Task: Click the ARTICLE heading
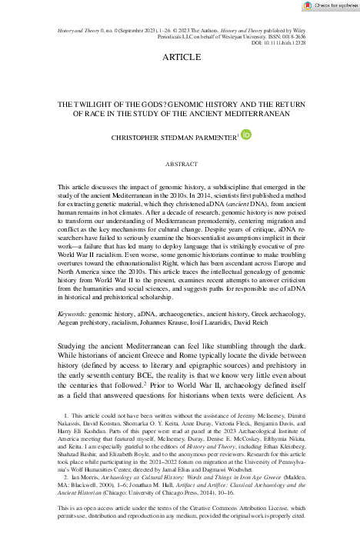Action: point(180,58)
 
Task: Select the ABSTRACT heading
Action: point(180,164)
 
